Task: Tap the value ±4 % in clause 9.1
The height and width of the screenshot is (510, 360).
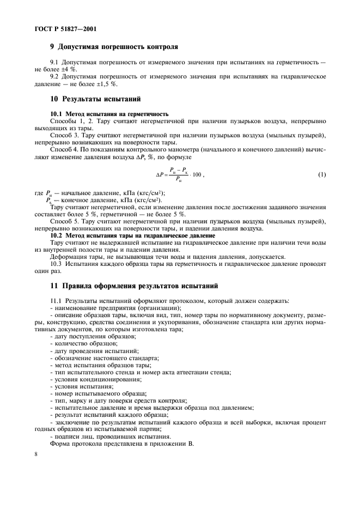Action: click(x=69, y=70)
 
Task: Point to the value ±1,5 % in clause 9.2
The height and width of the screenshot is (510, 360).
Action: click(x=106, y=84)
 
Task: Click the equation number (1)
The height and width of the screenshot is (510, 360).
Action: click(x=322, y=174)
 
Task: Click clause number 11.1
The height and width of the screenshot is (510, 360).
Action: click(x=56, y=301)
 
